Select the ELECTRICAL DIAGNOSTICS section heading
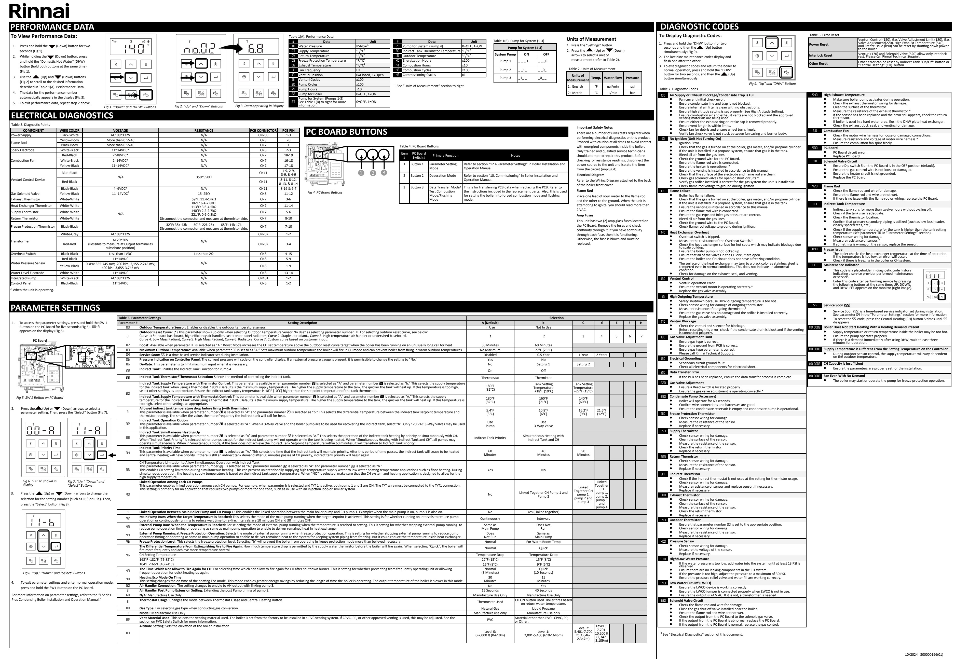pos(62,116)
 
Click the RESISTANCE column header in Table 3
pos(203,130)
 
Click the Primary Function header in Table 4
pos(445,156)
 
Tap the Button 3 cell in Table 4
pos(417,187)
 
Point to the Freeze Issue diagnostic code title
pos(833,249)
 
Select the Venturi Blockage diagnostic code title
pos(683,321)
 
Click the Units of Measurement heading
pos(591,39)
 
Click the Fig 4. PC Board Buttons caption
pos(325,193)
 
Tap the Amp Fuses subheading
pos(585,215)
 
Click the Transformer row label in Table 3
pos(20,241)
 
